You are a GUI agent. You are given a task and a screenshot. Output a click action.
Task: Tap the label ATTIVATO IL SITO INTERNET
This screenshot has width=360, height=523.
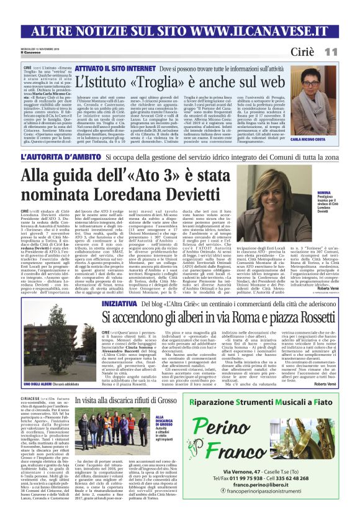115,64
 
